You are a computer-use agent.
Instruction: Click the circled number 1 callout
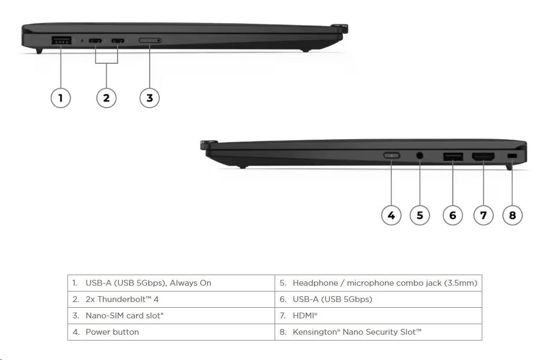pos(61,98)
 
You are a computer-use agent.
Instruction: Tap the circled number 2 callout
pos(106,98)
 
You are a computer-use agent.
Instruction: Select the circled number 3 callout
pos(150,98)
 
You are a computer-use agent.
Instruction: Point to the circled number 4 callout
pos(391,215)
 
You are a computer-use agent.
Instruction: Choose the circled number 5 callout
pos(420,215)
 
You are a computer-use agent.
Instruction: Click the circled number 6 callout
pos(453,215)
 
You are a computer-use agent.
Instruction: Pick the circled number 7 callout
pos(483,215)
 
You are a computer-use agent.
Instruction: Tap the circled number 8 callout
pos(512,215)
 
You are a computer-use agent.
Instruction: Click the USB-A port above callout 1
pos(62,40)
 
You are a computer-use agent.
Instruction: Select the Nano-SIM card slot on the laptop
pos(150,41)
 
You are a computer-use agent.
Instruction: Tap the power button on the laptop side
pos(392,155)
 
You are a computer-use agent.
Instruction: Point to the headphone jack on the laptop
pos(420,155)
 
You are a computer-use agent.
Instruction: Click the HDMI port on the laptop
pos(483,156)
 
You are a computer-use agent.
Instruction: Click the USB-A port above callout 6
pos(453,156)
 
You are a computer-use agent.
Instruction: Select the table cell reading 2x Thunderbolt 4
pos(171,299)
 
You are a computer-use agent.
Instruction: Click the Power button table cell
pos(171,332)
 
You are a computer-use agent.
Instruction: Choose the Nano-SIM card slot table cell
pos(171,316)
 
